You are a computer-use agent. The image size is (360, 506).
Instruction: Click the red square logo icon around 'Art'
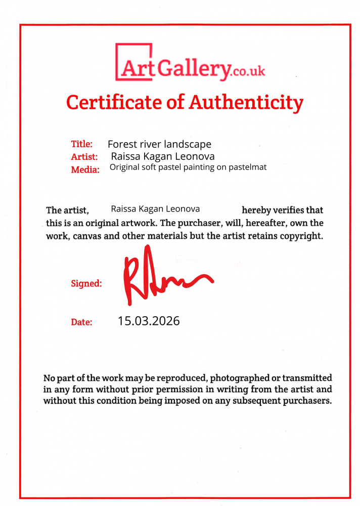[x=134, y=62]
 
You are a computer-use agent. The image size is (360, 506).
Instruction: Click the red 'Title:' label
[x=81, y=144]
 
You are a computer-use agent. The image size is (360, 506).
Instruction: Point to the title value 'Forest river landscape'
[x=159, y=144]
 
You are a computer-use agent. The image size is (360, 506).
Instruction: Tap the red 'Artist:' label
[x=84, y=157]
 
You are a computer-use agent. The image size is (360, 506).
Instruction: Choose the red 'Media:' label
[x=85, y=170]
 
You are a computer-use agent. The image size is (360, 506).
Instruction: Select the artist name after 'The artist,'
[x=155, y=208]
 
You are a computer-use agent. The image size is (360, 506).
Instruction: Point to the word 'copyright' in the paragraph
[x=299, y=236]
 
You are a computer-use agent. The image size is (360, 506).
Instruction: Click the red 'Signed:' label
[x=86, y=284]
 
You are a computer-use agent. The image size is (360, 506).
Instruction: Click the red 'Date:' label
[x=81, y=322]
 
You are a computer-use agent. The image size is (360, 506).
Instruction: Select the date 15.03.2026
[x=149, y=320]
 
